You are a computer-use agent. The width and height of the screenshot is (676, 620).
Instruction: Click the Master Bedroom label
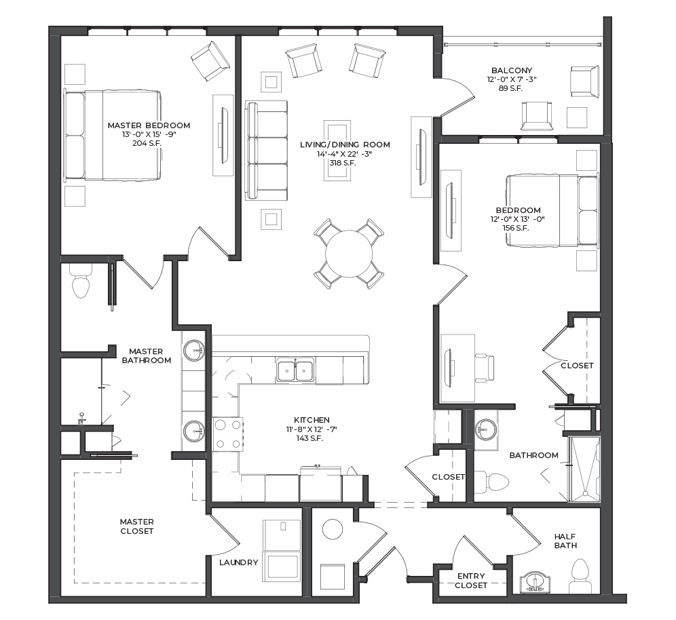pos(149,125)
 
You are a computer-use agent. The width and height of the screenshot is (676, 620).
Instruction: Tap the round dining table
pos(349,254)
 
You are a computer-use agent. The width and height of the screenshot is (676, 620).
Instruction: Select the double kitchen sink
pos(295,370)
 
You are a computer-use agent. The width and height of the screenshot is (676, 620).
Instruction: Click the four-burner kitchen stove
pos(228,434)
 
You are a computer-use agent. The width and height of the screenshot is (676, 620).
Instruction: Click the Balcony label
pos(512,71)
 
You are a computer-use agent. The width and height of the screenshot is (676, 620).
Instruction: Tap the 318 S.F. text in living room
pos(343,163)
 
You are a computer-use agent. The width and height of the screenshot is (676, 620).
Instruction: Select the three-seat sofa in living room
pos(266,151)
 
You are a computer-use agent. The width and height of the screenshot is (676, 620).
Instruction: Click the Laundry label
pos(238,562)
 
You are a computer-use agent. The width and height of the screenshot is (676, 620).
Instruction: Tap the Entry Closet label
pos(471,581)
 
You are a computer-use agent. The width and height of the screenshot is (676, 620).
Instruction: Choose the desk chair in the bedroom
pos(484,368)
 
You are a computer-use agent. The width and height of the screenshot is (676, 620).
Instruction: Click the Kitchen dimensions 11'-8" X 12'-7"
pos(312,429)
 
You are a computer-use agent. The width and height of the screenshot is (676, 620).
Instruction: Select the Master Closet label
pos(136,526)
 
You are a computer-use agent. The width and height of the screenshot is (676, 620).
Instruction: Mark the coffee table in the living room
pos(337,151)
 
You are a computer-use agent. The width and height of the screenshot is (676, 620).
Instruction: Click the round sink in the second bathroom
pos(486,429)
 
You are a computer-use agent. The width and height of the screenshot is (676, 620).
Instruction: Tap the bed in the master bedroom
pos(113,135)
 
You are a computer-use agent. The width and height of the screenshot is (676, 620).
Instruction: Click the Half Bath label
pos(565,541)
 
